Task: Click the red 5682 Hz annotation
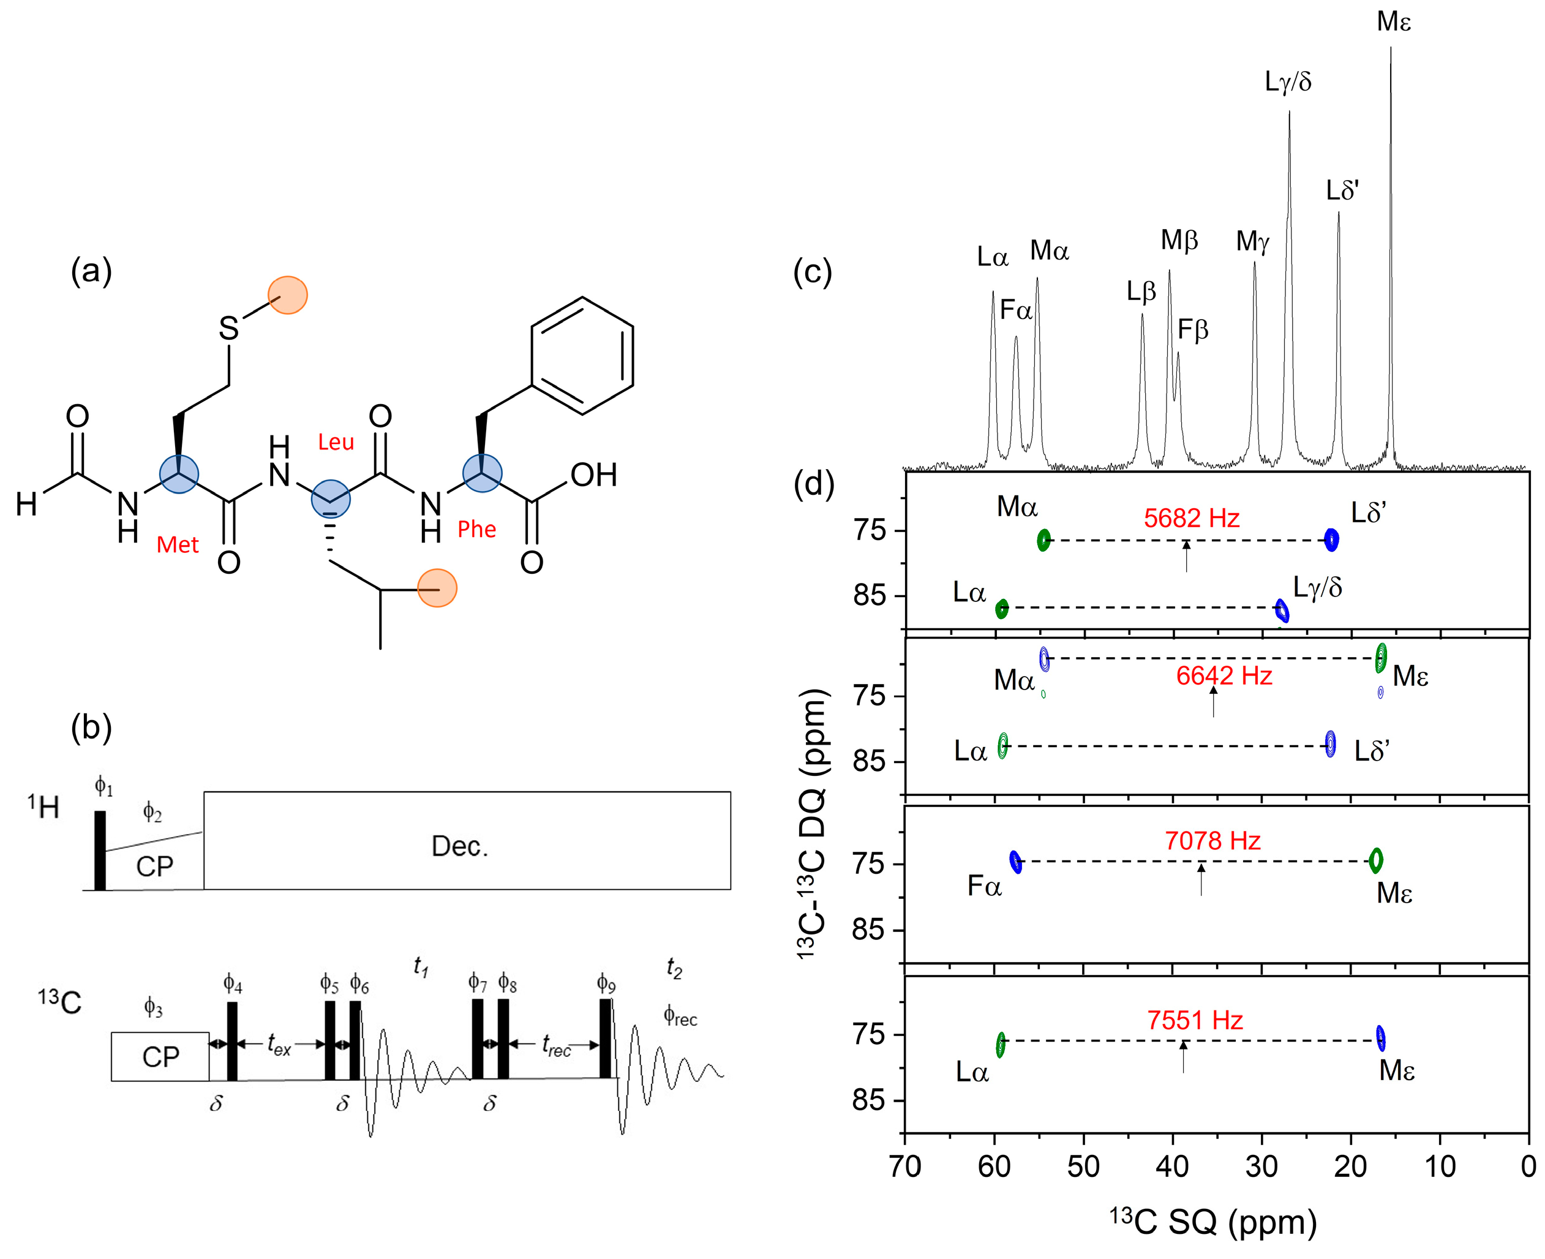tap(1191, 518)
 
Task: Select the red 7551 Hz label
tap(1195, 1020)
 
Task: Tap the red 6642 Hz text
tap(1224, 676)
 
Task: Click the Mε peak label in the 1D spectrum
tap(1393, 22)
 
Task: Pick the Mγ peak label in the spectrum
tap(1253, 241)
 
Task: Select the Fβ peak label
tap(1192, 330)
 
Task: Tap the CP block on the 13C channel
tap(160, 1057)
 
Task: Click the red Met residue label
tap(178, 544)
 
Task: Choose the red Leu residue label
tap(336, 442)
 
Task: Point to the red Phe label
tap(476, 530)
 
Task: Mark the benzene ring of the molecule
tap(582, 355)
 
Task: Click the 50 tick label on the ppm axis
tap(1083, 1167)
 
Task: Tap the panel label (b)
tap(91, 727)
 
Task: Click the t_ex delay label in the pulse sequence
tap(279, 1044)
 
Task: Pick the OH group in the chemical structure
tap(593, 475)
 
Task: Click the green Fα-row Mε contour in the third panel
tap(1375, 860)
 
